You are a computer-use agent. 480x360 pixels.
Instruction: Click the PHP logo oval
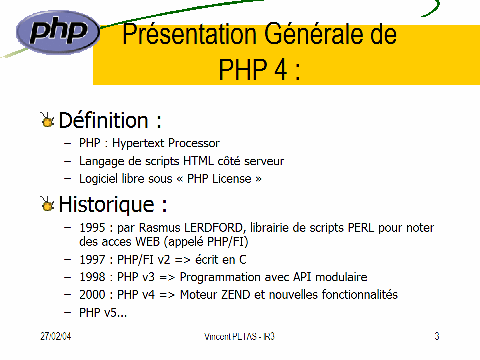[x=58, y=32]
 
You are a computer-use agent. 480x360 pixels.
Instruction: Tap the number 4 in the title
[x=280, y=69]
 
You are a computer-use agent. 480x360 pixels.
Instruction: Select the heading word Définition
[x=103, y=120]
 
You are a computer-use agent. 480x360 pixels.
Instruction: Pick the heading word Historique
[x=106, y=205]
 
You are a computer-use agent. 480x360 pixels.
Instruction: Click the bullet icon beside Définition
[x=47, y=120]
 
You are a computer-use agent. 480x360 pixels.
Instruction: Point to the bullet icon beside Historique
[x=47, y=204]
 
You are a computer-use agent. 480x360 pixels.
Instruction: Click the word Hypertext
[x=138, y=144]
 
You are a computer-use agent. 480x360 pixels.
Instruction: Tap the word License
[x=232, y=178]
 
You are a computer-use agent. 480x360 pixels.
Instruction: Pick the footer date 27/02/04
[x=56, y=336]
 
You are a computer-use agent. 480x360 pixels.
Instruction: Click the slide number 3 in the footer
[x=437, y=336]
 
